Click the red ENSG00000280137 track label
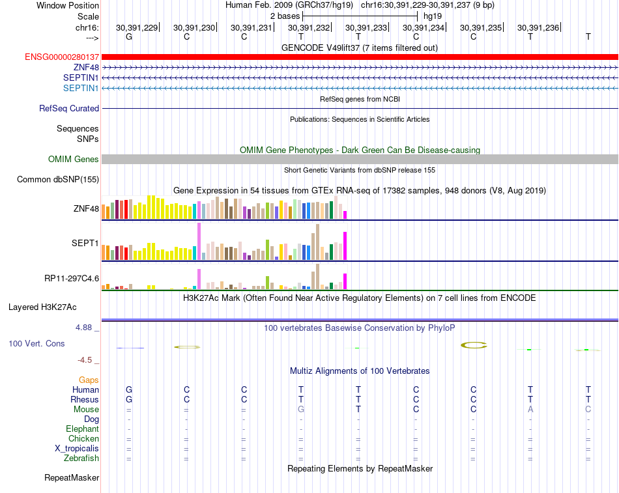(62, 57)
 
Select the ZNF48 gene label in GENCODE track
(86, 68)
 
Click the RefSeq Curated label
(69, 109)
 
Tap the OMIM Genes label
(74, 160)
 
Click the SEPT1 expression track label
(85, 244)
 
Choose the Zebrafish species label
(82, 458)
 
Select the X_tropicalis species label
(77, 449)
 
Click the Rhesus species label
(85, 399)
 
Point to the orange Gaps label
(89, 380)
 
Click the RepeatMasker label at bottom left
(72, 478)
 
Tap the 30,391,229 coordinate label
(137, 28)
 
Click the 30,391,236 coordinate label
(538, 28)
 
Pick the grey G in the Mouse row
(301, 410)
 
